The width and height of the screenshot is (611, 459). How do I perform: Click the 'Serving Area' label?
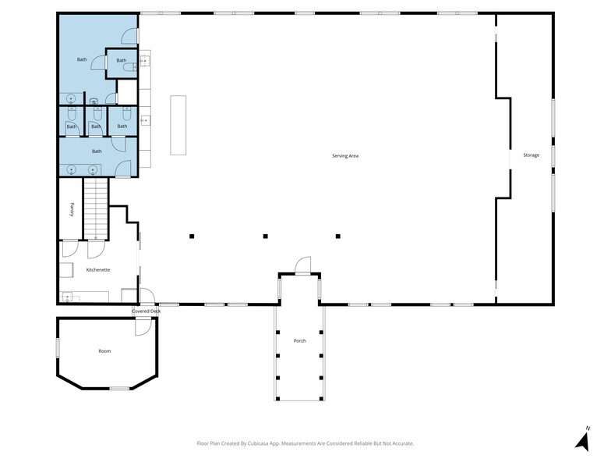(344, 156)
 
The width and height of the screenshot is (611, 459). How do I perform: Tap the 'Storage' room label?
(531, 155)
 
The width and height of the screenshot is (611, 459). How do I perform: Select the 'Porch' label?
(299, 341)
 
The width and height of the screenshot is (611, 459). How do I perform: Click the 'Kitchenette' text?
(98, 269)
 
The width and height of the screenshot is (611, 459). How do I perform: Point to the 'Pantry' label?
(71, 209)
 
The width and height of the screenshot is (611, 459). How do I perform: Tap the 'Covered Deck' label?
(146, 311)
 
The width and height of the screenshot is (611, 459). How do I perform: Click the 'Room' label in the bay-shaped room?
(104, 351)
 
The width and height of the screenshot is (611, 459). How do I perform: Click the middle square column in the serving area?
(265, 236)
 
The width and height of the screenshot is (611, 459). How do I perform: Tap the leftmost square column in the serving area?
(192, 236)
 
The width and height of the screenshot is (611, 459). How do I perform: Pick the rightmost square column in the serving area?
(338, 236)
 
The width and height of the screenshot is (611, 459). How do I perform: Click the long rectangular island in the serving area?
(179, 126)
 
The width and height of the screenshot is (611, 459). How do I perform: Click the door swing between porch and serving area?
(302, 265)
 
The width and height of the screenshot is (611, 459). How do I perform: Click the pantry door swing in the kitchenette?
(70, 249)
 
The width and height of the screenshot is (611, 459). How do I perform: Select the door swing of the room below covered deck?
(142, 327)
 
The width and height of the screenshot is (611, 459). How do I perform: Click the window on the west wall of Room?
(57, 348)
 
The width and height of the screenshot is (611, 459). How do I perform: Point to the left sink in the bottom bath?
(72, 169)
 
